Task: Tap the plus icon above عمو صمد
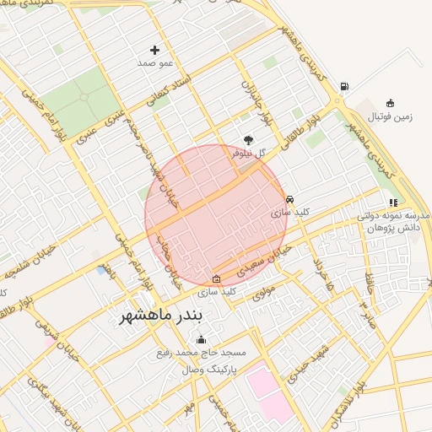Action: (x=154, y=51)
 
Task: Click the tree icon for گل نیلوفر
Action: (x=248, y=140)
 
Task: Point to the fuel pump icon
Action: (x=343, y=86)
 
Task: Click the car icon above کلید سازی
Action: (x=290, y=200)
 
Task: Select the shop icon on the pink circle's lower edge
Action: (x=217, y=279)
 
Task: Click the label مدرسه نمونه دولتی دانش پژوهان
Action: (x=393, y=222)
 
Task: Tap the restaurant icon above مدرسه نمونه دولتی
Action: (x=392, y=202)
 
